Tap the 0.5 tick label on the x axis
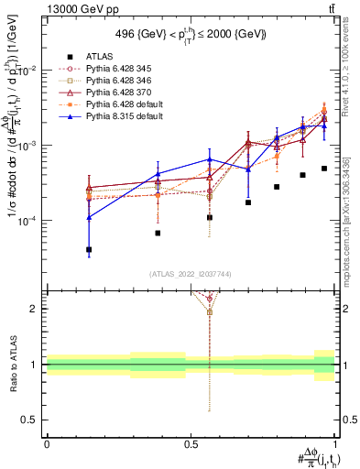[x=191, y=442]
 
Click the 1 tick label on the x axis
[x=335, y=442]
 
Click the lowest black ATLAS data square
[x=89, y=249]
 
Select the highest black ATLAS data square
[x=324, y=169]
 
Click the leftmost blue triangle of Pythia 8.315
[x=89, y=218]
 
